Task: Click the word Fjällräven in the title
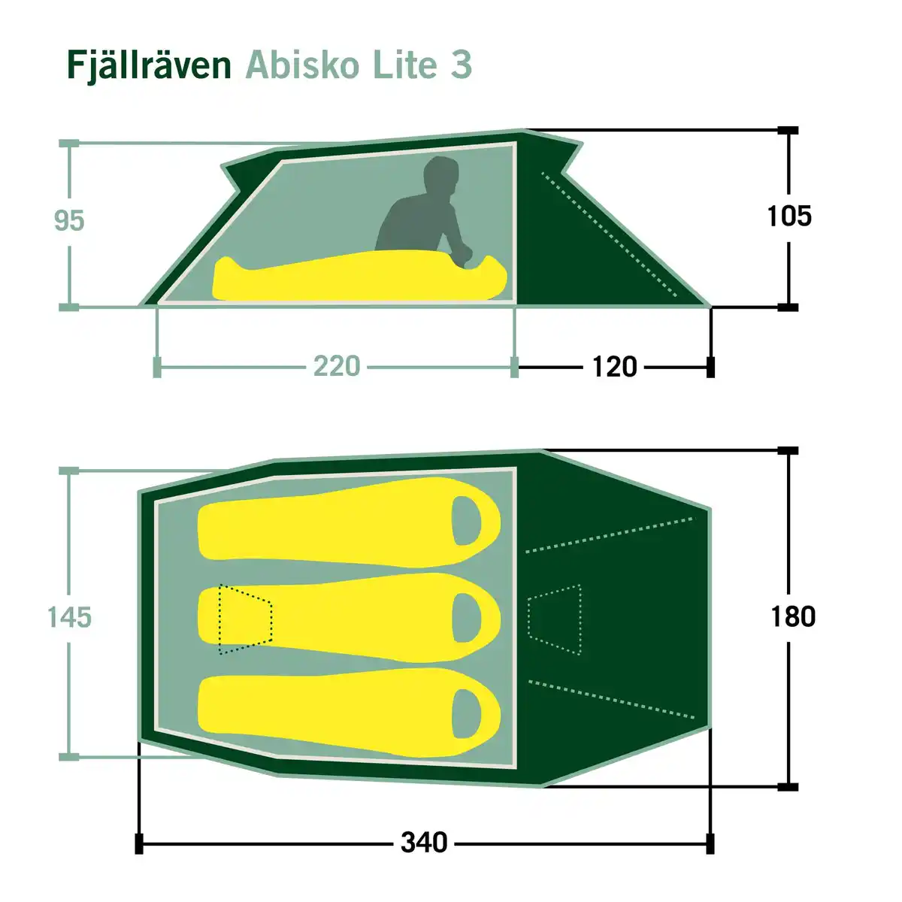tap(149, 65)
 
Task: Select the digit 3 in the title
tap(461, 65)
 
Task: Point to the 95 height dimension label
tap(69, 221)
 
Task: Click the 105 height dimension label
tap(789, 216)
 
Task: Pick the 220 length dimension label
tap(336, 367)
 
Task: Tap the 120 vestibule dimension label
tap(614, 367)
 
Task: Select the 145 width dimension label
tap(69, 617)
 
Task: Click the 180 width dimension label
tap(793, 616)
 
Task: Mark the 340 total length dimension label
tap(424, 843)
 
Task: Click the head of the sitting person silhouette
tap(440, 177)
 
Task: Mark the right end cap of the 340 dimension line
tap(710, 843)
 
